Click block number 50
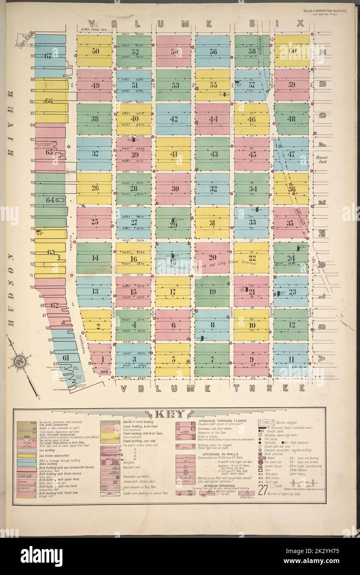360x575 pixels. [x=96, y=51]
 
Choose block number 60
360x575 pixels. [x=293, y=51]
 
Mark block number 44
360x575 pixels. [x=213, y=120]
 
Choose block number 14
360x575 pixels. [x=95, y=258]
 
